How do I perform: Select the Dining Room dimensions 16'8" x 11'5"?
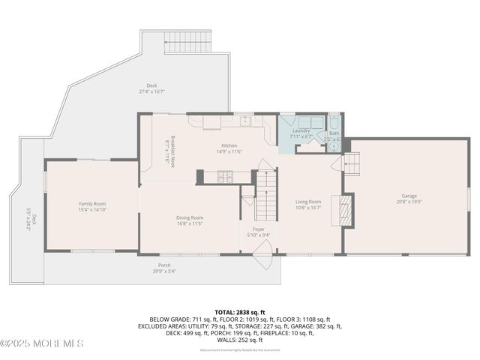tap(190, 223)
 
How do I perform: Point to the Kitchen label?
tap(229, 145)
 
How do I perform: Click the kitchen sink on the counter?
tap(244, 120)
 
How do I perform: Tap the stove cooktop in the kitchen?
tap(223, 177)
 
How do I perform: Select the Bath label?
tap(334, 133)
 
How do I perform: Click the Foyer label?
tap(258, 230)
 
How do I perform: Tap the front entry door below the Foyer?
tap(262, 262)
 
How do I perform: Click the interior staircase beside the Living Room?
tap(265, 193)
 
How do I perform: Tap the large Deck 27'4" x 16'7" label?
tap(151, 88)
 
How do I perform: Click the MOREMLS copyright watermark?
tap(43, 343)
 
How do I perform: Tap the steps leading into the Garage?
tap(352, 163)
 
